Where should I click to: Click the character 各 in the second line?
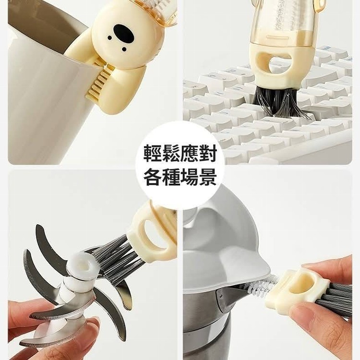(153, 176)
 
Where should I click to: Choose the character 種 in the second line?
(171, 176)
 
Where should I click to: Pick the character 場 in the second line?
(190, 176)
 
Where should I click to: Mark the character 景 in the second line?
(208, 176)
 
